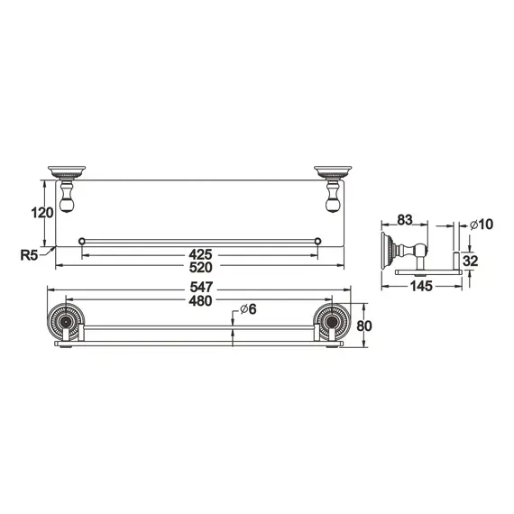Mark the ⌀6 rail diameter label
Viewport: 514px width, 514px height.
247,309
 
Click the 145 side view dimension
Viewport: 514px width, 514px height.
421,286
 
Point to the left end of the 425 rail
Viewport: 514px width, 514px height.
82,241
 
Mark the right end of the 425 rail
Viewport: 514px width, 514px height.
318,241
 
